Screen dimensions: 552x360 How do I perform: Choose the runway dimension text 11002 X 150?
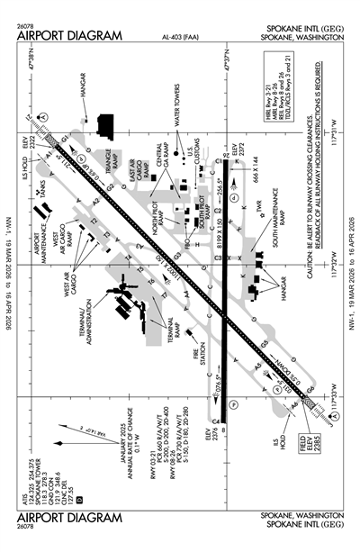[x=159, y=267]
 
